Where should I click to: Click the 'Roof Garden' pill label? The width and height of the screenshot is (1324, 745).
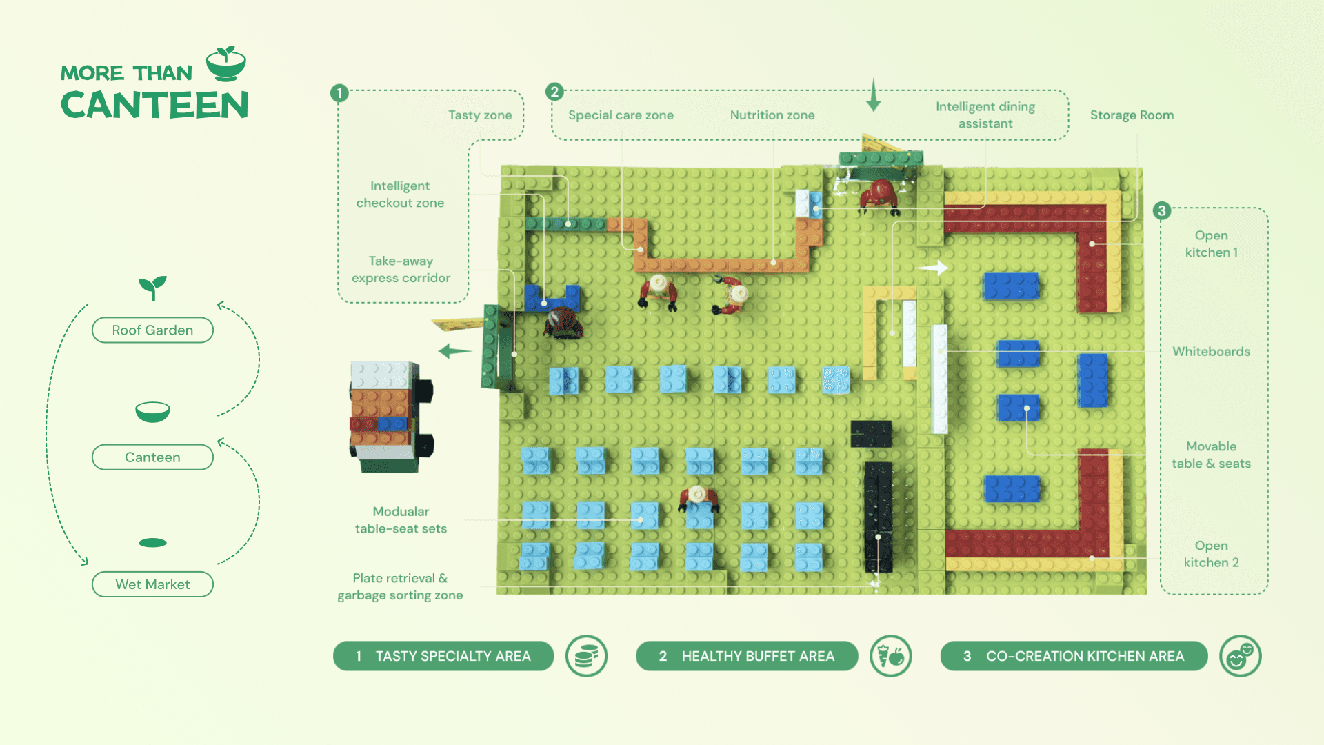click(152, 330)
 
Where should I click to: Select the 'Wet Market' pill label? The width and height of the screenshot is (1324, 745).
click(152, 584)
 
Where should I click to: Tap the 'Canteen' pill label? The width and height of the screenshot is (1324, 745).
click(152, 457)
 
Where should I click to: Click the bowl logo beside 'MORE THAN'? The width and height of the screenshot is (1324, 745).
click(226, 64)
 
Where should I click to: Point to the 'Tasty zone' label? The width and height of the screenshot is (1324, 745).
click(480, 115)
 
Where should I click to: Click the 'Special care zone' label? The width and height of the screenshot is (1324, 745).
click(621, 115)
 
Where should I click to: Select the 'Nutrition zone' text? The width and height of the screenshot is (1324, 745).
click(772, 115)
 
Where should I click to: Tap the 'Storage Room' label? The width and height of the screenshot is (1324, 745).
click(1132, 115)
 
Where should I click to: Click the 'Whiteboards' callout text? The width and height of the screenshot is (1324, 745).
click(1211, 352)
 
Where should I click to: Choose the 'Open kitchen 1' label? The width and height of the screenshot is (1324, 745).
click(1211, 244)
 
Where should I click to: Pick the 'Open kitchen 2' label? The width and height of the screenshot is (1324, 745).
click(1211, 554)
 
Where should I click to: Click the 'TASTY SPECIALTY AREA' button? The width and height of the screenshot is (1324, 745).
click(443, 656)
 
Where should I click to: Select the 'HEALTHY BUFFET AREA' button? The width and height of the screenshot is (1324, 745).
click(747, 656)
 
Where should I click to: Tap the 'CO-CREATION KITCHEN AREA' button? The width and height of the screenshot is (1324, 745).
click(1074, 656)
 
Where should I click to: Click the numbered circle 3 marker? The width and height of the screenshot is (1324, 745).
click(1162, 210)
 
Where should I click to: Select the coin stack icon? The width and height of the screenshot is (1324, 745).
click(586, 656)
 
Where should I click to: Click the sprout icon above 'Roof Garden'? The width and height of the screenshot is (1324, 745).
click(152, 287)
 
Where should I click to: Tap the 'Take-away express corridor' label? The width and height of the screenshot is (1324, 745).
click(401, 270)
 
